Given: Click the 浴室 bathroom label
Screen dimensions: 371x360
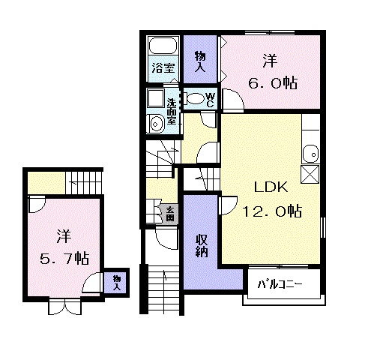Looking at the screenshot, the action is pos(163,67).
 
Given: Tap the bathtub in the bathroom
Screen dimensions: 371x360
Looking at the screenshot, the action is pos(163,46).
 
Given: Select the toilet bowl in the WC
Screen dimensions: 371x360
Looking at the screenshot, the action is pos(194,98).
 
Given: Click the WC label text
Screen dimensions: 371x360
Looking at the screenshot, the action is pos(211,100).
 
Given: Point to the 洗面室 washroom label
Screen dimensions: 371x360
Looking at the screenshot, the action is pos(172,112).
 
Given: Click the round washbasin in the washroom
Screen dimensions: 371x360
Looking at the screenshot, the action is pos(155,124).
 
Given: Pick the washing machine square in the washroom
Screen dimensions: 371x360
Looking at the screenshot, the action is pos(156,98).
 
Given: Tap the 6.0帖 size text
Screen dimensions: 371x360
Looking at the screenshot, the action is pos(272,82).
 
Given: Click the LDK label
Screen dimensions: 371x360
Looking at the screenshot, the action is pos(271,187).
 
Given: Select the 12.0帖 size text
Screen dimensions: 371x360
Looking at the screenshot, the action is pos(272,211).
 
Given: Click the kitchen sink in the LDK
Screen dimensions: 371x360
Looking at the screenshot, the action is pos(311,154).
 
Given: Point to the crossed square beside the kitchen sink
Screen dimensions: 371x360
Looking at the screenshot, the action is pos(310,174).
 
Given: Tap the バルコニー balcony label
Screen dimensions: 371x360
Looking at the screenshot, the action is pos(280,284).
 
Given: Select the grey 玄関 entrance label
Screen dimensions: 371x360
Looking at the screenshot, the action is pos(170,214).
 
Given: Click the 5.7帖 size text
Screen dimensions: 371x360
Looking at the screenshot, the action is pos(64,258).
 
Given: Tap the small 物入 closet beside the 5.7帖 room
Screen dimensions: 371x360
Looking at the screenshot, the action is pos(116,283).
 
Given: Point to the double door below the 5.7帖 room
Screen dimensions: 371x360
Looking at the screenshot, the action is pos(64,306).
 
